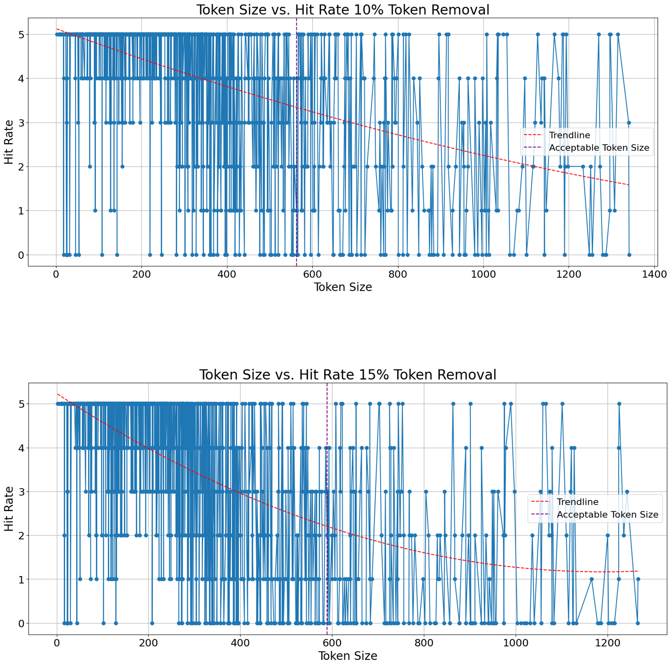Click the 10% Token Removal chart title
[343, 10]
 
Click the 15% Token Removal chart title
[348, 375]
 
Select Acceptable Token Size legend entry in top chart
[599, 148]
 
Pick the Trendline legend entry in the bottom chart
[577, 502]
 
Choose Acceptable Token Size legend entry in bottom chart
[607, 515]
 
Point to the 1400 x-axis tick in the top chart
[654, 274]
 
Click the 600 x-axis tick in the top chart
[312, 274]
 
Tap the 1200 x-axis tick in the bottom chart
[607, 643]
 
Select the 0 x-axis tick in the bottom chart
[57, 643]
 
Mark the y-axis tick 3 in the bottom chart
[21, 492]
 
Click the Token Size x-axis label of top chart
[343, 287]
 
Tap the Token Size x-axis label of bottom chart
[348, 656]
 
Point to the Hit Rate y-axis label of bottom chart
[9, 509]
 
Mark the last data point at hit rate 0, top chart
[629, 255]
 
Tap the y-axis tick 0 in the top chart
[21, 255]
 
